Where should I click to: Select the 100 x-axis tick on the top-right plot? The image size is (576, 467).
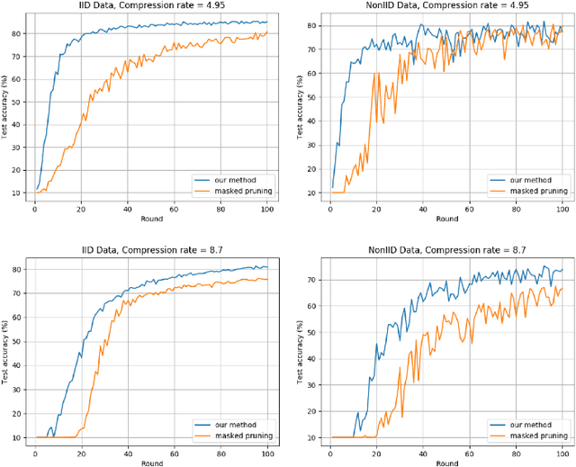(x=562, y=207)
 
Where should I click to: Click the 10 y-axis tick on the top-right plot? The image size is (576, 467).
(x=311, y=193)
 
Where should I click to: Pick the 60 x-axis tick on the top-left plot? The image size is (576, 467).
(x=174, y=207)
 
